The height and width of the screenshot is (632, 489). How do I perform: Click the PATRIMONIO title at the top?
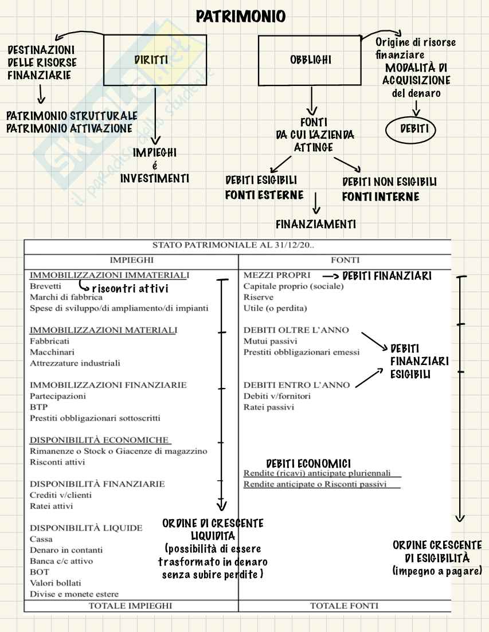[240, 17]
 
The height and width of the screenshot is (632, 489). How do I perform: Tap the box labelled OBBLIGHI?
[310, 60]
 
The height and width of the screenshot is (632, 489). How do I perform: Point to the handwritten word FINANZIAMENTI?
[315, 225]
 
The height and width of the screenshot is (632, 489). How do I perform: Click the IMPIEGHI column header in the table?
[131, 260]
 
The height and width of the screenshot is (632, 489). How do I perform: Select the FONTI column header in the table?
[345, 260]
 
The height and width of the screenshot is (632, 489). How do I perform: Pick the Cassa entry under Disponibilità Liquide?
[41, 539]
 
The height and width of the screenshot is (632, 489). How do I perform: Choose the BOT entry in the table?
[39, 572]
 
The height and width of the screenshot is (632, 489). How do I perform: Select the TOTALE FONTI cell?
[344, 605]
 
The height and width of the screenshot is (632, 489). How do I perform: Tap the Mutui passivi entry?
[266, 341]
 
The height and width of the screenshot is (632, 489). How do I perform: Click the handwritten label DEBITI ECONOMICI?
[308, 463]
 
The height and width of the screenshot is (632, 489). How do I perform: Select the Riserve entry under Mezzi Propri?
[259, 297]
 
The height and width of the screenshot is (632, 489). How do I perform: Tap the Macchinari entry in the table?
[52, 352]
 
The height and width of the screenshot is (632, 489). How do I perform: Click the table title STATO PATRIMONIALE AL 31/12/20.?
[237, 246]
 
